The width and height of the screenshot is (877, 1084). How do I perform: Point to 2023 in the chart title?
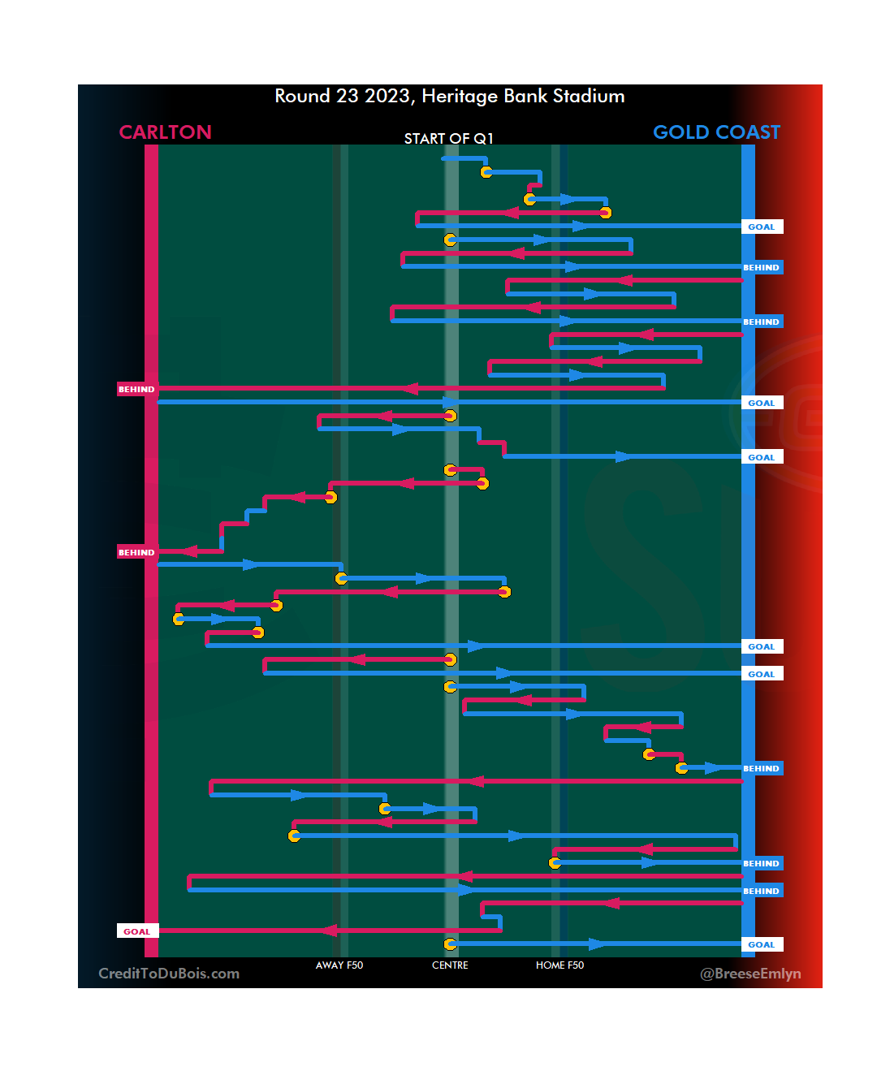click(x=387, y=96)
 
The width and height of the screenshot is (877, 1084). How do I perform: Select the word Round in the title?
click(x=302, y=96)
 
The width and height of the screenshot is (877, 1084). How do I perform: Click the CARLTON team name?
click(x=165, y=132)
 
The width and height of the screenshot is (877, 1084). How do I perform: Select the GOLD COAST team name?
click(x=716, y=132)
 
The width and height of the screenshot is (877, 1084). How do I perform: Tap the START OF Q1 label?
click(x=448, y=139)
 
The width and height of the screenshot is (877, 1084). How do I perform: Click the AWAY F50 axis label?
click(x=339, y=965)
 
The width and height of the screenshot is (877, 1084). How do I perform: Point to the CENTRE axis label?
click(x=450, y=965)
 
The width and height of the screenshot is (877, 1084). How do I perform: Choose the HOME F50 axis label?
click(x=559, y=965)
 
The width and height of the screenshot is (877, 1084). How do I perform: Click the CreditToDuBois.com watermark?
click(x=169, y=974)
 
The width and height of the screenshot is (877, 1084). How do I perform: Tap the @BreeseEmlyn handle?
click(x=750, y=974)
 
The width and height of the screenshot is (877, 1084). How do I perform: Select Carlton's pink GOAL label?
click(x=136, y=931)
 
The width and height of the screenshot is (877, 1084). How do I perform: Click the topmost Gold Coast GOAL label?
click(x=762, y=227)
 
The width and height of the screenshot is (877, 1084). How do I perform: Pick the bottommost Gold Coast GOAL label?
click(x=762, y=944)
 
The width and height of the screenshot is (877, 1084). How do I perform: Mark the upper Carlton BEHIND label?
click(x=136, y=390)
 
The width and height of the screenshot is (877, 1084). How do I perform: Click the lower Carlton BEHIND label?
click(x=136, y=552)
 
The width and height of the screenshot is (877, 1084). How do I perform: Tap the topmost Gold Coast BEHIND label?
click(x=762, y=267)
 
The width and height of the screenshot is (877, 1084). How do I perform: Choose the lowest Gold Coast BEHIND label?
click(x=762, y=891)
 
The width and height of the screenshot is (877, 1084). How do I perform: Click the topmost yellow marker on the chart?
click(x=486, y=172)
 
